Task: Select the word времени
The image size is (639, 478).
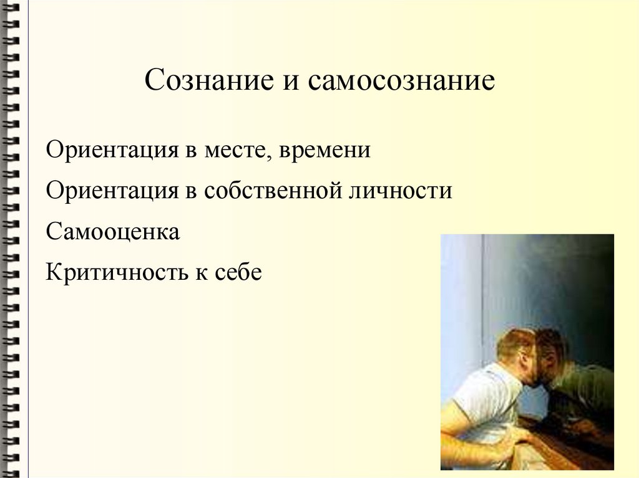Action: [x=325, y=151]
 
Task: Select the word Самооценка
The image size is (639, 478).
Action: [x=113, y=232]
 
